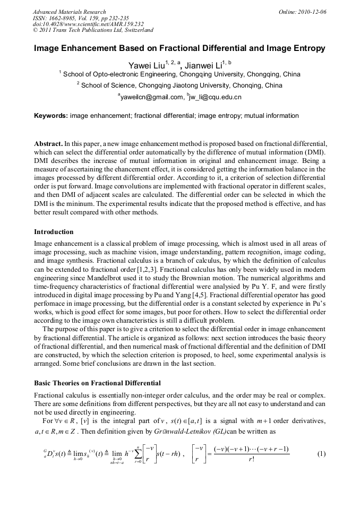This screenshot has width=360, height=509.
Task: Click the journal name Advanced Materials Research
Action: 69,12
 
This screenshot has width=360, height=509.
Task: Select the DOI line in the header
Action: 88,24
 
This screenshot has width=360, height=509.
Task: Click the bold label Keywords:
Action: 50,116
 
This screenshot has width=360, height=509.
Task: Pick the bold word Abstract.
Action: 48,144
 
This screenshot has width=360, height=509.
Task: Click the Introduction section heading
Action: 54,232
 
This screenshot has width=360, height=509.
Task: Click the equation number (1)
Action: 321,454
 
